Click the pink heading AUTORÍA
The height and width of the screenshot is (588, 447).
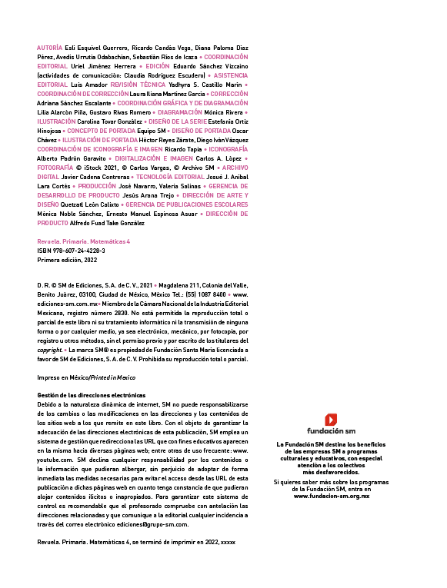49,48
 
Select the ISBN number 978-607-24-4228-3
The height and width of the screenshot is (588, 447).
78,251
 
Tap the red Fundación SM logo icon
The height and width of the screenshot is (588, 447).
331,420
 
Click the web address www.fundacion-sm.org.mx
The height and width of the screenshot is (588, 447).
332,496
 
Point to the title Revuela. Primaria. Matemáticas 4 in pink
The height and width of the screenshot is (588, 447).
83,241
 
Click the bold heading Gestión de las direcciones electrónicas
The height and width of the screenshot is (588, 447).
92,395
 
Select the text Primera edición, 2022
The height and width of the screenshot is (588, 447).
67,260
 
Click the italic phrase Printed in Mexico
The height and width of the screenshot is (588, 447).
113,377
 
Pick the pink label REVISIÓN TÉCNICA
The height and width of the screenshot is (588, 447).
138,85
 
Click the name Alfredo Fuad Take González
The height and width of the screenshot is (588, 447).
107,223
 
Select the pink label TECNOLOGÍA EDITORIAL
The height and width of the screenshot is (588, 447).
170,177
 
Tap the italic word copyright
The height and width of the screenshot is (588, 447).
49,350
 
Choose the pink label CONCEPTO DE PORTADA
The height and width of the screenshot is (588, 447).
101,131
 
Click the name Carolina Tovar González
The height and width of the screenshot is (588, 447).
109,121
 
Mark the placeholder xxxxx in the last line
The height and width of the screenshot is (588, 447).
229,543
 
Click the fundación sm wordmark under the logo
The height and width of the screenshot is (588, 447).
331,431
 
